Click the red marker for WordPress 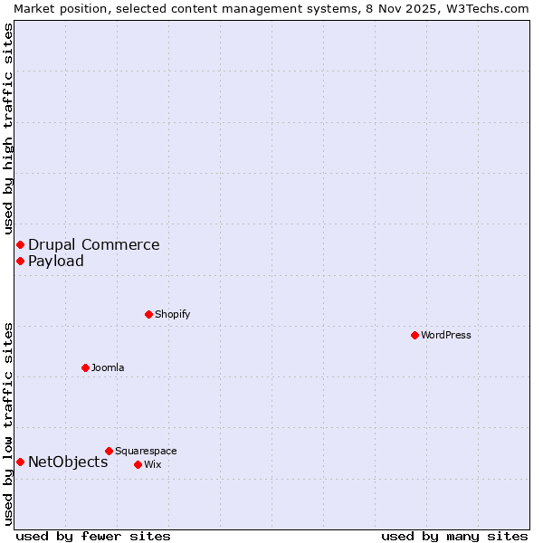414,335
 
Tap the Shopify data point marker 148,314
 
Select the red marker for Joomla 85,367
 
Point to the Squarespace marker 109,451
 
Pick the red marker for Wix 138,464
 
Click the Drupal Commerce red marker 20,244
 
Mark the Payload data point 20,261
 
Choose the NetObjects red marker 20,462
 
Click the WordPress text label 446,335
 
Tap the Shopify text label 172,314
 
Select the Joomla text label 108,367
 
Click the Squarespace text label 146,451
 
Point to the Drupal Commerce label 94,244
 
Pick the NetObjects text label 68,462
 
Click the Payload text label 56,261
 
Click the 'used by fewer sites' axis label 93,536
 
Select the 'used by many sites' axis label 454,536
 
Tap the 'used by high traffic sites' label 8,129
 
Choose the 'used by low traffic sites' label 8,424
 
